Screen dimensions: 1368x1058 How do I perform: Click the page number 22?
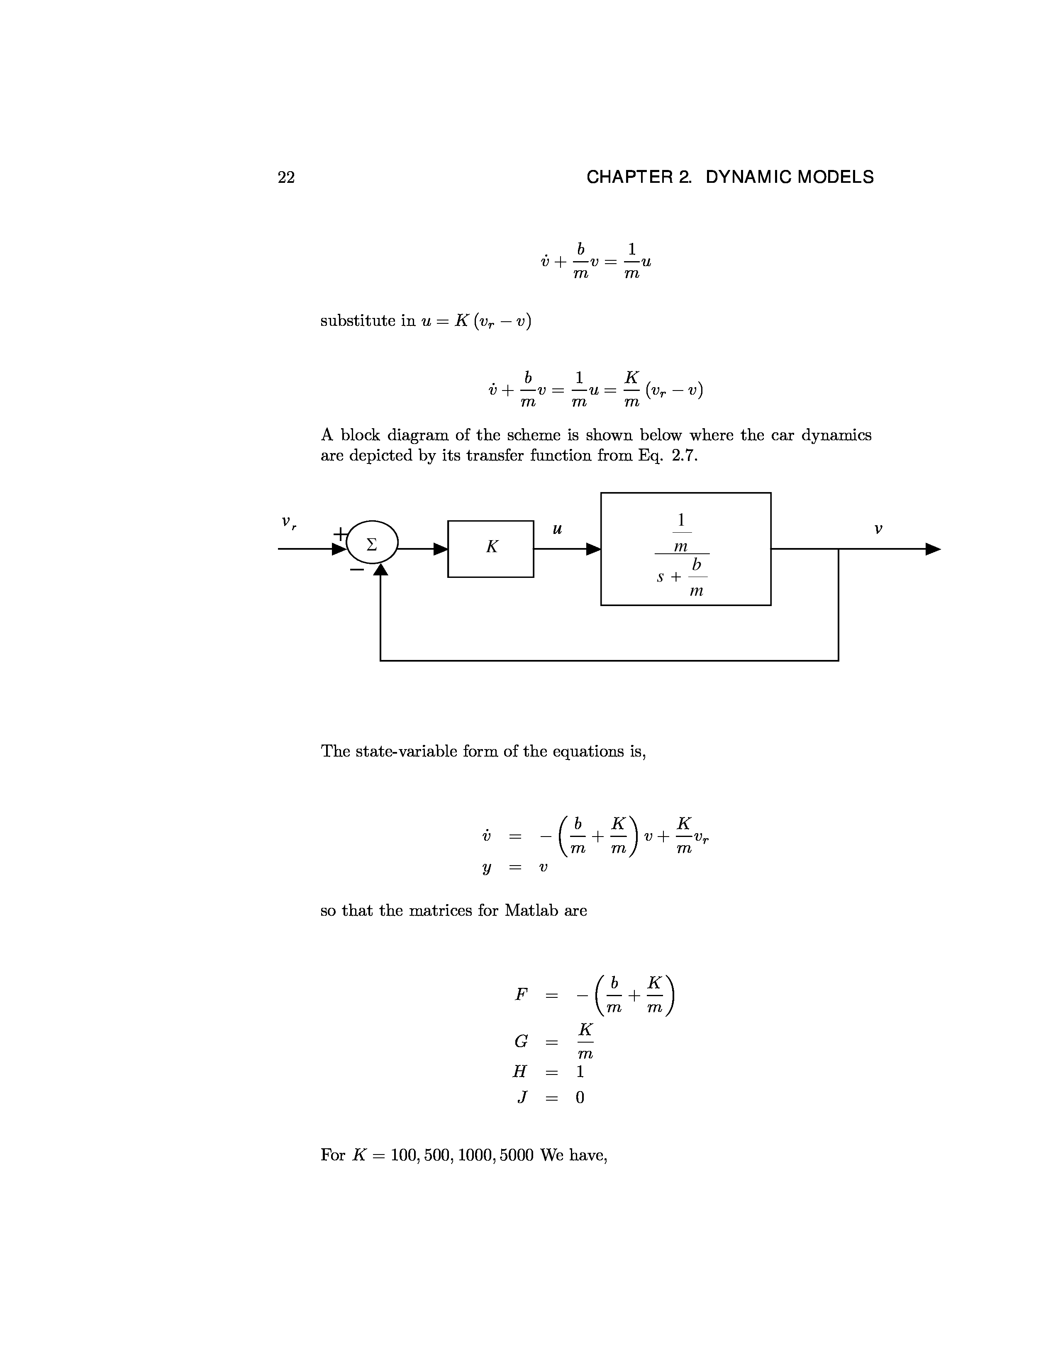(286, 178)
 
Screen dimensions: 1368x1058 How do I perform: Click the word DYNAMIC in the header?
(746, 178)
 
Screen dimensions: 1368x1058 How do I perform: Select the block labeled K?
(491, 549)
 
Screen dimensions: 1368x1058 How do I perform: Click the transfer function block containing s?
(686, 549)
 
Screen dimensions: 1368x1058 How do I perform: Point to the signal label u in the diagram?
(556, 530)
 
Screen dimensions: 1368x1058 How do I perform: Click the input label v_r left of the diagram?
(288, 522)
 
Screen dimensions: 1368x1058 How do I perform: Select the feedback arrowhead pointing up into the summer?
(380, 570)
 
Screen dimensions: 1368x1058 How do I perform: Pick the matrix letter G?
(521, 1042)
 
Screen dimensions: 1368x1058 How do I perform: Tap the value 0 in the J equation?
(580, 1098)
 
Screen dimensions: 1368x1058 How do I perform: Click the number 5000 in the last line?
(517, 1155)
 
